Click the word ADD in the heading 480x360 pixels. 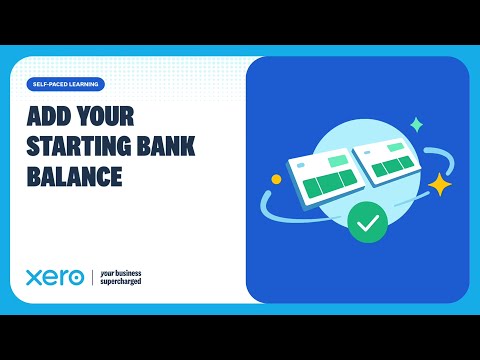pyautogui.click(x=45, y=118)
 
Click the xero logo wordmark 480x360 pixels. pyautogui.click(x=55, y=276)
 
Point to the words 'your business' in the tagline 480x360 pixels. pyautogui.click(x=125, y=271)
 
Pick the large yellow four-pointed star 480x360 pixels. pyautogui.click(x=439, y=184)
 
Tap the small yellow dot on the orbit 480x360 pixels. pyautogui.click(x=277, y=180)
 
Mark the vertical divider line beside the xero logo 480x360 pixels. pyautogui.click(x=92, y=276)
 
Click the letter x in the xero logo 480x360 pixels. pyautogui.click(x=33, y=277)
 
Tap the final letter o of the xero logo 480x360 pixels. pyautogui.click(x=75, y=277)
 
